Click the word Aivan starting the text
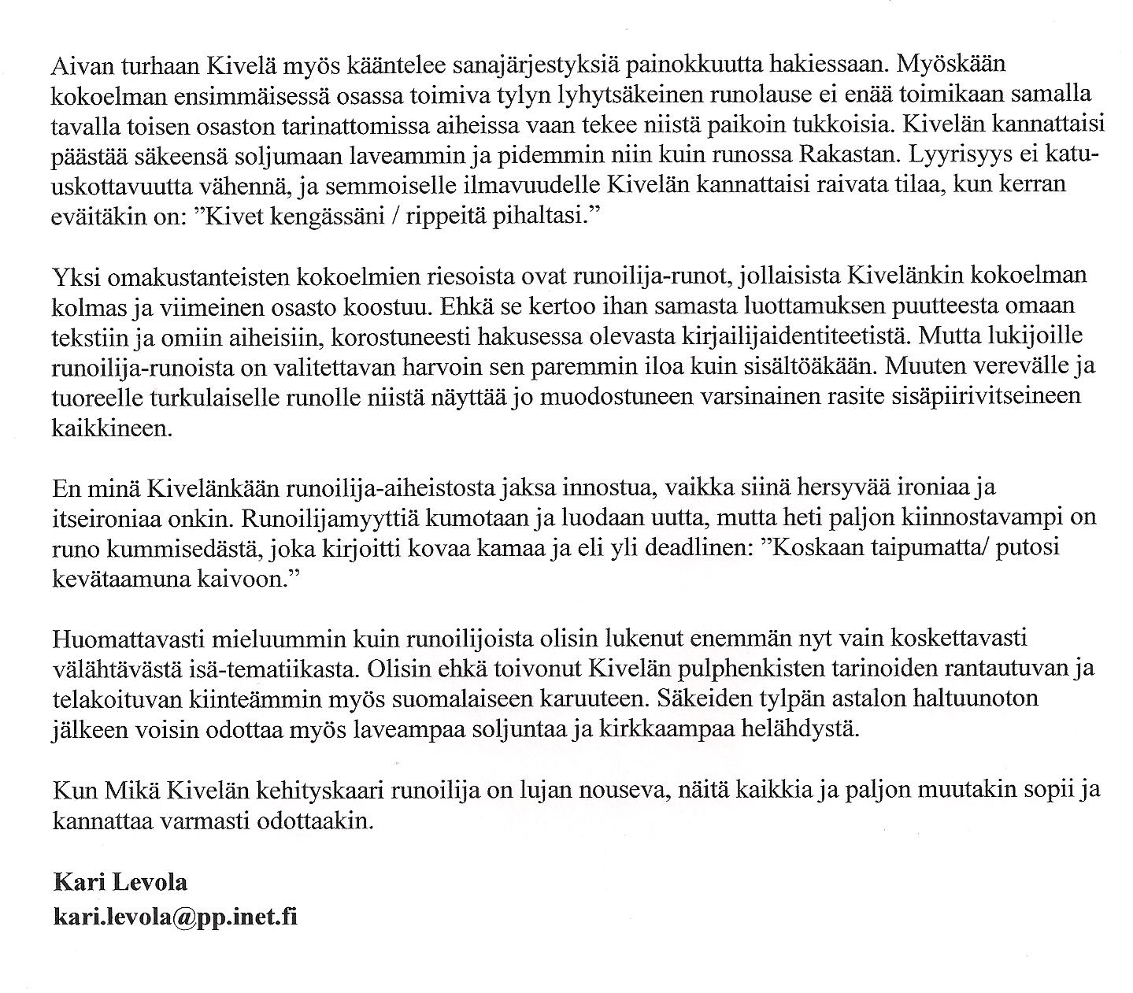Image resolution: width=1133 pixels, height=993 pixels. pos(80,62)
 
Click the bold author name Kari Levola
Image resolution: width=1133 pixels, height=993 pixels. pos(120,882)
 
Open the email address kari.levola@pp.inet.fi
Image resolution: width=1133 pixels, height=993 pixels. pos(175,917)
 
